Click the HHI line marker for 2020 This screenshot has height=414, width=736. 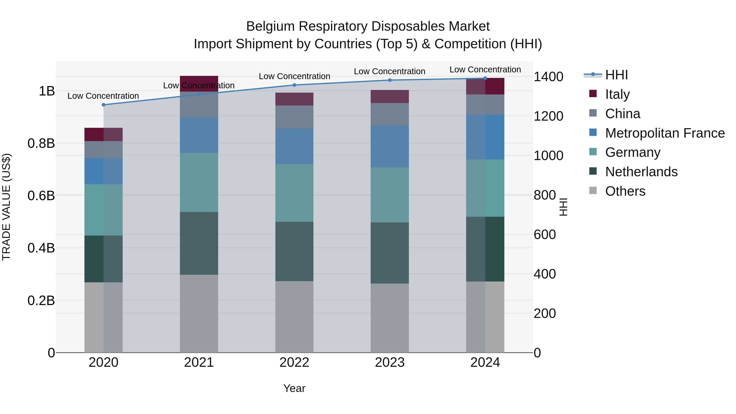point(103,105)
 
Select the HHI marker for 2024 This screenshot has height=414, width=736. point(485,78)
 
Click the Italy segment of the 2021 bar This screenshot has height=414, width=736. point(199,83)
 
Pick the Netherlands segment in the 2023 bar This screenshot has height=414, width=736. point(390,253)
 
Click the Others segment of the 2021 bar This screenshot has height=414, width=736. point(199,313)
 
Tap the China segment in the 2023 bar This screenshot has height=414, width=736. point(390,114)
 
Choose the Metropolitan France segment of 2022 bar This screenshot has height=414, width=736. point(294,146)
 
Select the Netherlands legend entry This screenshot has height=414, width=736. point(641,172)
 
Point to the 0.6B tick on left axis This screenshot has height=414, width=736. point(41,196)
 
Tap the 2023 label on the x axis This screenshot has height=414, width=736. point(390,362)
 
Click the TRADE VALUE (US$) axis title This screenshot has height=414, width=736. point(6,207)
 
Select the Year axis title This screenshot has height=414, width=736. point(294,388)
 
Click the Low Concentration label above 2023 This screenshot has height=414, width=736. point(389,71)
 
